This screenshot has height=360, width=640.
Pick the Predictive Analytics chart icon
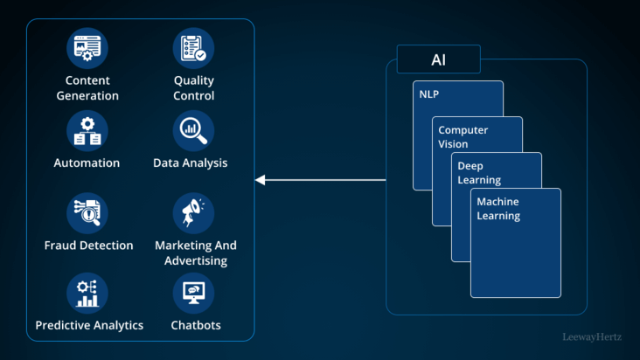pyautogui.click(x=87, y=294)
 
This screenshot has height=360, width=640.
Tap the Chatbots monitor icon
pyautogui.click(x=193, y=294)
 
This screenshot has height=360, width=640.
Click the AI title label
pyautogui.click(x=438, y=59)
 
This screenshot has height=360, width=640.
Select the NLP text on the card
pyautogui.click(x=430, y=93)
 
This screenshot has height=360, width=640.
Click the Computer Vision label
pyautogui.click(x=463, y=137)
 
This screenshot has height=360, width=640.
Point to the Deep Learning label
pyautogui.click(x=479, y=173)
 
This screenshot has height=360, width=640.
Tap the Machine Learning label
pyautogui.click(x=498, y=209)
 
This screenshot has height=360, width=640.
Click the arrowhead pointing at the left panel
pyautogui.click(x=260, y=180)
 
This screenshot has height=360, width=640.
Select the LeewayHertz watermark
pyautogui.click(x=592, y=336)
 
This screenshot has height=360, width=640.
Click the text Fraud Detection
pyautogui.click(x=88, y=246)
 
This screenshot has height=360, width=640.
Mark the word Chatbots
pyautogui.click(x=196, y=326)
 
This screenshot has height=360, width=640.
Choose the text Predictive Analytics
pyautogui.click(x=89, y=326)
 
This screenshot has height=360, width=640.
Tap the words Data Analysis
pyautogui.click(x=190, y=163)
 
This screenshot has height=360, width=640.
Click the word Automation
pyautogui.click(x=87, y=163)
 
